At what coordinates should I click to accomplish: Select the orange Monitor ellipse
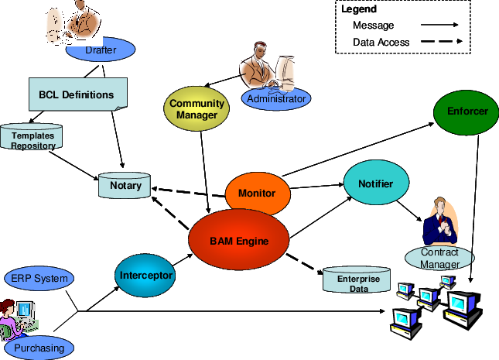coord(258,192)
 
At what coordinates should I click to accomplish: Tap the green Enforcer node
coord(467,111)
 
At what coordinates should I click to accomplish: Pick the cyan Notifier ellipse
coord(375,184)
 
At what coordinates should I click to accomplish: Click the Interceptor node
coord(146,274)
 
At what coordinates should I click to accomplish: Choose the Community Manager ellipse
coord(197,109)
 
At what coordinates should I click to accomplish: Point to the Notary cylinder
coord(125,187)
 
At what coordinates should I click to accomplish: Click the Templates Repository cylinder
coord(32,139)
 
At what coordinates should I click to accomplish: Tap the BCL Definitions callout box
coord(77,95)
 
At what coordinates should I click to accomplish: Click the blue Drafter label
coord(101,51)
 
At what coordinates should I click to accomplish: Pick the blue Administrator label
coord(276,98)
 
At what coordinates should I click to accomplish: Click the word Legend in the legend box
coord(359,9)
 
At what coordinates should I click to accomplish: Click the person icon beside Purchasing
coord(17,317)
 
